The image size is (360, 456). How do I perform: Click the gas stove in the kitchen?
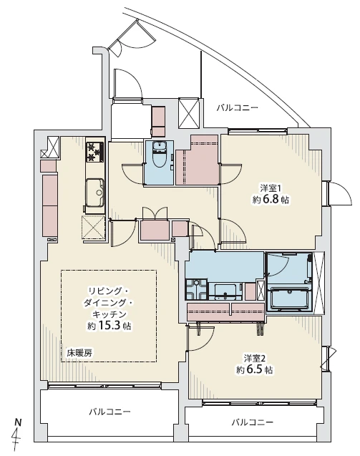(x=95, y=151)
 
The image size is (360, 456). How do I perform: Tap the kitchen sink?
(x=94, y=192)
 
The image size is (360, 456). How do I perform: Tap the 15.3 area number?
(x=110, y=326)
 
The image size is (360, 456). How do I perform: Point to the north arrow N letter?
(x=18, y=422)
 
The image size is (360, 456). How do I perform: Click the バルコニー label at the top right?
(x=238, y=109)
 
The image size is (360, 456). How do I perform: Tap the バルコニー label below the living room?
(x=110, y=412)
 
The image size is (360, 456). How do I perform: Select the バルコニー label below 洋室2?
(x=253, y=422)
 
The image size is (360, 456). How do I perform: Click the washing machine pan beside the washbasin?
(x=197, y=289)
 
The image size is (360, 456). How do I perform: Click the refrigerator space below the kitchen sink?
(x=94, y=228)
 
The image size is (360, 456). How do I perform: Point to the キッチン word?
(x=110, y=314)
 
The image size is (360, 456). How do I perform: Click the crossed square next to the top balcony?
(x=189, y=113)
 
